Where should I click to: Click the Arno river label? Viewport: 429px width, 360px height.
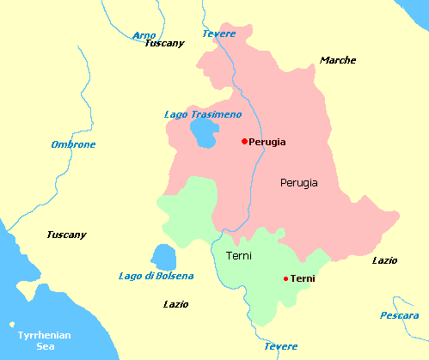(144, 34)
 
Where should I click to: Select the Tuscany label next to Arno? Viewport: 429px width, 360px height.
(165, 43)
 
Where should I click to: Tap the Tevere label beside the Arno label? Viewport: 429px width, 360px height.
(218, 34)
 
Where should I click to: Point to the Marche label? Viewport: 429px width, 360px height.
(337, 60)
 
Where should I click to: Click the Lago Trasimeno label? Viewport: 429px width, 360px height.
(202, 114)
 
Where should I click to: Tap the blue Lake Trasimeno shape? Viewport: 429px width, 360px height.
(205, 132)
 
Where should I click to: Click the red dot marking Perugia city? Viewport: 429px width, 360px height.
(244, 141)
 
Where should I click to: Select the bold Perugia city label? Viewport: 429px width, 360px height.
(267, 142)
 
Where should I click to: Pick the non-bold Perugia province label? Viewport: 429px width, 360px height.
(298, 183)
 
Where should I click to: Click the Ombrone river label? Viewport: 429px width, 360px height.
(73, 144)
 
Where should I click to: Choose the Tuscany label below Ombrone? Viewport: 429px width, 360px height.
(67, 235)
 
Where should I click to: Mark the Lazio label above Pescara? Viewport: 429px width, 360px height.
(384, 259)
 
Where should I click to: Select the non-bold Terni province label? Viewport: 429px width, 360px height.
(238, 256)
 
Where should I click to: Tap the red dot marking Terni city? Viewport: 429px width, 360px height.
(285, 278)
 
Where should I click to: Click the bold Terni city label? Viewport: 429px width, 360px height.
(303, 278)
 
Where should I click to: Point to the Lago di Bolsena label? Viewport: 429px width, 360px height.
(156, 276)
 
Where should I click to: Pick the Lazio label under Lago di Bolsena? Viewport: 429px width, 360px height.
(175, 304)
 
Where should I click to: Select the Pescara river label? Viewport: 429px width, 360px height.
(400, 315)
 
